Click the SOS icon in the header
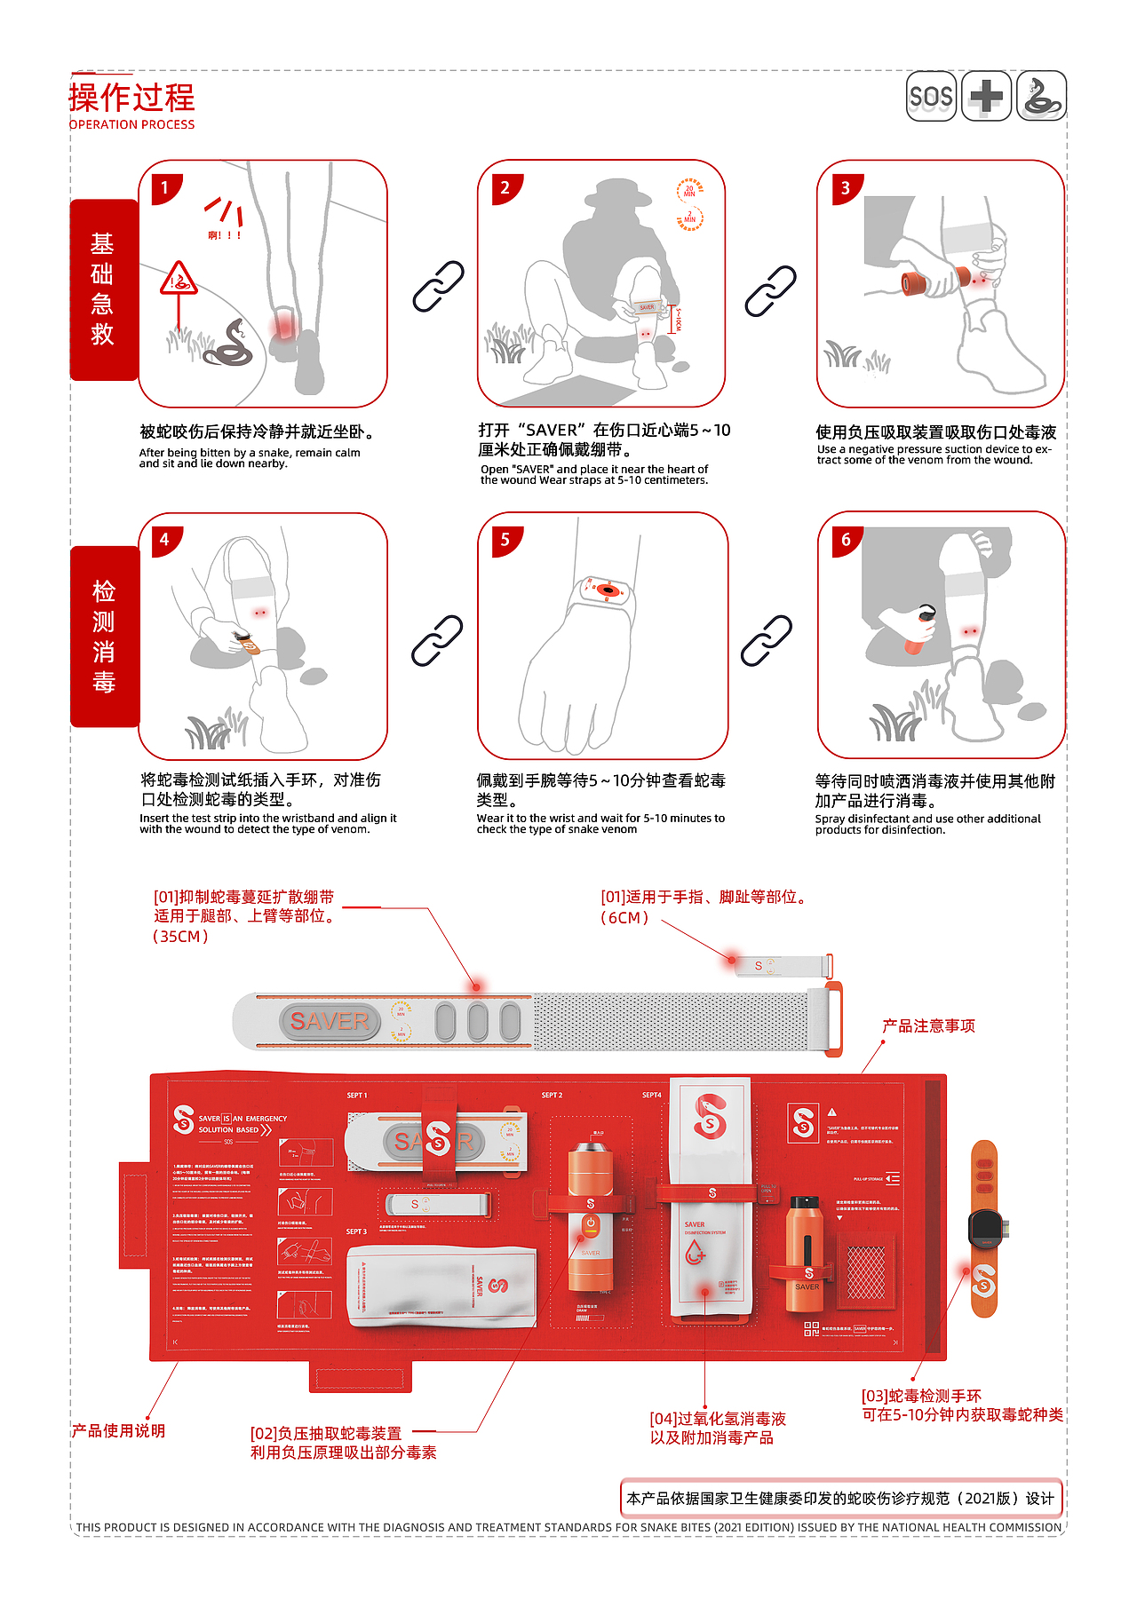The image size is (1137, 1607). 931,96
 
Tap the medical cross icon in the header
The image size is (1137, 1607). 986,96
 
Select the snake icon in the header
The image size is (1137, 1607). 1041,96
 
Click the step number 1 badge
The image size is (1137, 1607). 164,187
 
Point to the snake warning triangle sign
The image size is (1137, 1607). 179,280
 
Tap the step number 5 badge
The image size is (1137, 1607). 505,539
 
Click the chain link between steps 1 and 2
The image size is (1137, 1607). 438,286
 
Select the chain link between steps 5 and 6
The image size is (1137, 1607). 766,640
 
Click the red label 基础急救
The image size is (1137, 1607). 104,289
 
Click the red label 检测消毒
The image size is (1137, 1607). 104,636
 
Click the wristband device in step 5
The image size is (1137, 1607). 606,590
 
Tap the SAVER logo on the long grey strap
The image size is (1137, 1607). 330,1021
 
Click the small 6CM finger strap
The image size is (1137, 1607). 782,965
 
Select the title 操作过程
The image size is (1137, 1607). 132,97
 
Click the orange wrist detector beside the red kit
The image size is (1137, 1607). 984,1229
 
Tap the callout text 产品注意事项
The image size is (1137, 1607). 928,1026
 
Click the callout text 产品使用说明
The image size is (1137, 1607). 118,1431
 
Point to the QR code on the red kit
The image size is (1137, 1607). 811,1328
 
